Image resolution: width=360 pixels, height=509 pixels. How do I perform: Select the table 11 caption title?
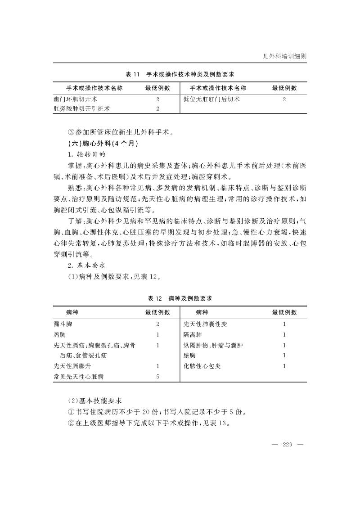[180, 74]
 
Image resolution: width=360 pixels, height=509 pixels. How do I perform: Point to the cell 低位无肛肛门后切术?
[211, 99]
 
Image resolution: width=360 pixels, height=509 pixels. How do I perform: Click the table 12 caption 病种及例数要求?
[180, 298]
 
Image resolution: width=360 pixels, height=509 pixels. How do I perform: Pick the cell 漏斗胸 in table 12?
[63, 324]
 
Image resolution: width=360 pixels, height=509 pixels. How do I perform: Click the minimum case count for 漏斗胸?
[157, 324]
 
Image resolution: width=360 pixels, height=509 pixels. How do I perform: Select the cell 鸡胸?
[59, 334]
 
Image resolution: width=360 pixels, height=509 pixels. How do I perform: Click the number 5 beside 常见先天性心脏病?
[157, 376]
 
